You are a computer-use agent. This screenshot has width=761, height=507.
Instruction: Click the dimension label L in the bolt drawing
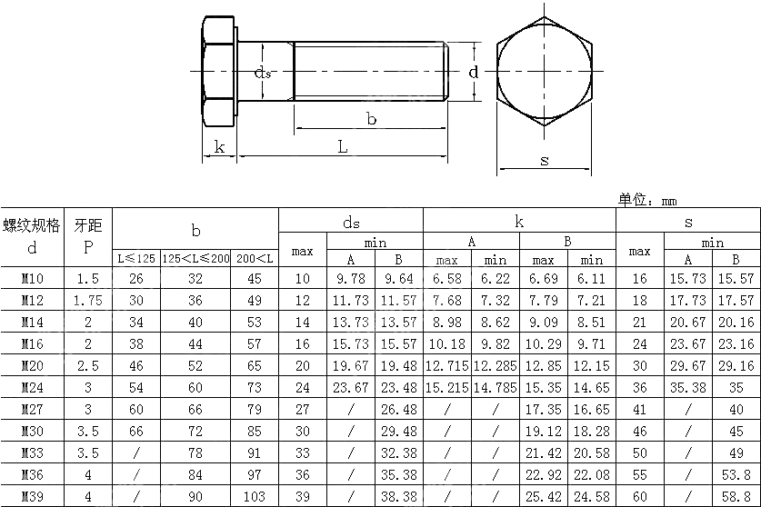344,146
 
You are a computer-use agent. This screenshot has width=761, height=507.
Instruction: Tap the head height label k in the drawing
218,146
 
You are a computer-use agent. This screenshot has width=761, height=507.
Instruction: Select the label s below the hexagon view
544,160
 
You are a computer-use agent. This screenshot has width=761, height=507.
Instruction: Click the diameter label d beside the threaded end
473,71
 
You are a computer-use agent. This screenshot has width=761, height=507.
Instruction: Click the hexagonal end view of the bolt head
544,71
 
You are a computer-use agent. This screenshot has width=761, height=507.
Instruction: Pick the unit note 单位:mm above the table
647,200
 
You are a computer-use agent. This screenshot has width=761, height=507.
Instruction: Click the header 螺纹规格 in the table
33,224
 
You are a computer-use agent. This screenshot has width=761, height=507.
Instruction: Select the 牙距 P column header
88,235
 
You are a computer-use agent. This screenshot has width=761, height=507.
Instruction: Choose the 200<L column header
254,258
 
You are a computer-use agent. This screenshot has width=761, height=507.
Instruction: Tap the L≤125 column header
135,258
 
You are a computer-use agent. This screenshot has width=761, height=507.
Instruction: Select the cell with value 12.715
446,366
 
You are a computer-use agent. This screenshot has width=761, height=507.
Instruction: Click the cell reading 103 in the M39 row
254,497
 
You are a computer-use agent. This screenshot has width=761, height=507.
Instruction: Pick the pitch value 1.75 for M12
88,301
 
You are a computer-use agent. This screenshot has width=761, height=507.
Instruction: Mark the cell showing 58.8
736,497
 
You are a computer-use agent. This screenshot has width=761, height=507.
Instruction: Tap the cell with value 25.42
543,497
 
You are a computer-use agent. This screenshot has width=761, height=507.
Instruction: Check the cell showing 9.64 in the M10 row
398,279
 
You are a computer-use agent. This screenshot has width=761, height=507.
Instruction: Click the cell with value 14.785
495,388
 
